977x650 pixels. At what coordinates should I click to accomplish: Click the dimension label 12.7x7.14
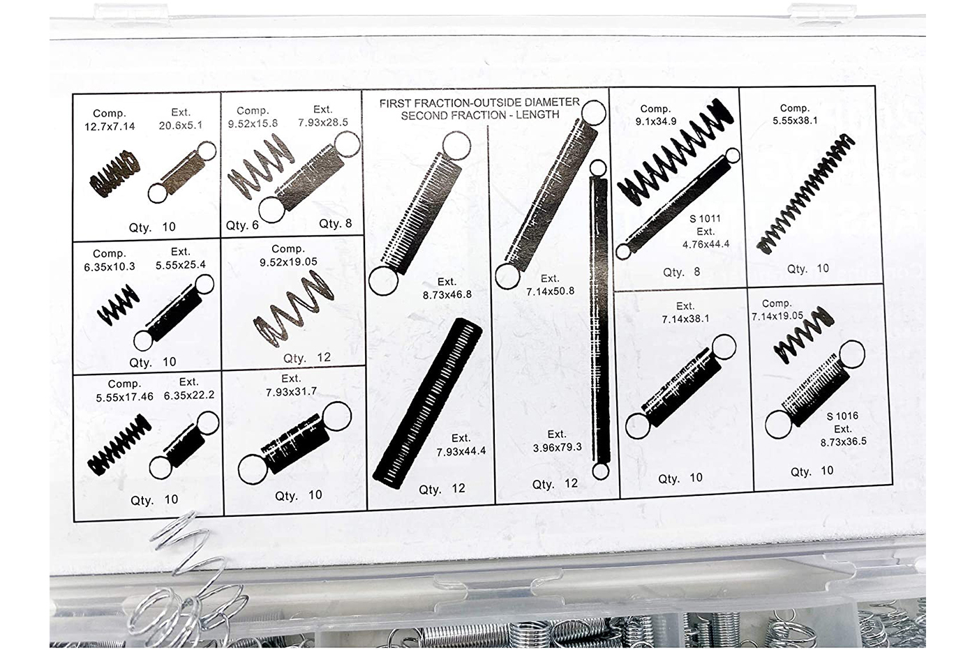coord(110,127)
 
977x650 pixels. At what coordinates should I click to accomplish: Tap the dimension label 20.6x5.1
coord(181,126)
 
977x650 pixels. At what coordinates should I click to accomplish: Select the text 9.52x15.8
coord(253,123)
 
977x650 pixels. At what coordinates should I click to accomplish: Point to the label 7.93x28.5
coord(323,122)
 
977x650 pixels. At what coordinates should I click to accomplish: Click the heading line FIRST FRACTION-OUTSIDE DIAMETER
coord(479,103)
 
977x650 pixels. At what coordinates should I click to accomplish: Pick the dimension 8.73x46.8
coord(447,295)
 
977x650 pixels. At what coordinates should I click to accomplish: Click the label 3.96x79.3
coord(558,447)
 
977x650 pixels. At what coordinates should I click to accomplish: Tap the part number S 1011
coord(705,219)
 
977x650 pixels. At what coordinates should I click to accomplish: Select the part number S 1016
coord(842,416)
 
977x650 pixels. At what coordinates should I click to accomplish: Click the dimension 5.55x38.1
coord(795,121)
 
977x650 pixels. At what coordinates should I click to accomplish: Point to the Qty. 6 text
coord(242,225)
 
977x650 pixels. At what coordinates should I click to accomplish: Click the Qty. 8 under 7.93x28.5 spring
coord(336,224)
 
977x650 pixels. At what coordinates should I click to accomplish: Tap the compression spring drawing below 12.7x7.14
coord(115,174)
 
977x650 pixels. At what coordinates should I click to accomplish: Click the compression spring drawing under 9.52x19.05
coord(294,309)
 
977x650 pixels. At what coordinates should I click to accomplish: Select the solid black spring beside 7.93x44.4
coord(427,403)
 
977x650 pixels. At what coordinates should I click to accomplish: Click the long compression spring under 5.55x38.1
coord(805,194)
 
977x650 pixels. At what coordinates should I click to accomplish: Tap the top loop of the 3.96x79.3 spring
coord(598,168)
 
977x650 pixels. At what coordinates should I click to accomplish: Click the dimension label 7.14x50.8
coord(551,292)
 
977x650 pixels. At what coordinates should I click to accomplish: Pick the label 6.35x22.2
coord(189,395)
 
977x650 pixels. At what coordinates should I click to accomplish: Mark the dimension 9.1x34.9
coord(656,121)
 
